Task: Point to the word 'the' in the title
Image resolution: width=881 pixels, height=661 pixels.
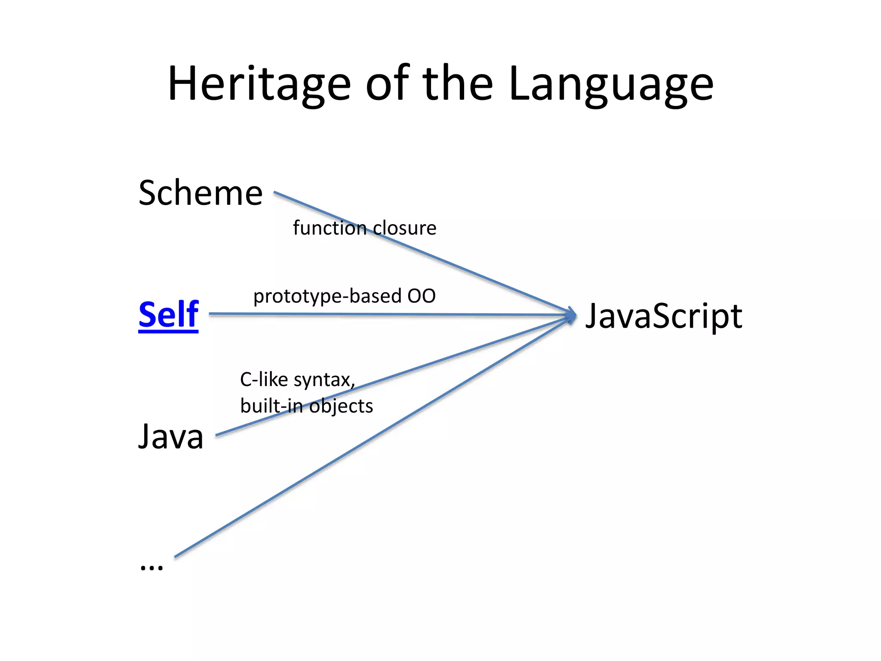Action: (458, 84)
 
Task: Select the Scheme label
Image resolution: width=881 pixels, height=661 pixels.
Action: (200, 193)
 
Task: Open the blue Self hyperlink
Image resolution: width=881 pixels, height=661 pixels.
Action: (168, 315)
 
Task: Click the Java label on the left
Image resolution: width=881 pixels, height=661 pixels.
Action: (171, 436)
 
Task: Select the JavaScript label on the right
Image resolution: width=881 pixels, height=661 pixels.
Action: (664, 315)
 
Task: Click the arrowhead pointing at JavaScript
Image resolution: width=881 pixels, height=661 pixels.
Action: (572, 315)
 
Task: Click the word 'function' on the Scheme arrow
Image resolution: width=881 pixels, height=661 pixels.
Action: (330, 228)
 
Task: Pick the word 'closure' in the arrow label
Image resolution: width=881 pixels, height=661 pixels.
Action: (404, 228)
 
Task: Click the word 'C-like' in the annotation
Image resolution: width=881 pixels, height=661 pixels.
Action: (264, 380)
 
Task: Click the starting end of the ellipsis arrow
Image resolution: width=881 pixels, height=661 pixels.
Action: (176, 556)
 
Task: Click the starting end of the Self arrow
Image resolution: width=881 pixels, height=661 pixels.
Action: (210, 314)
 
